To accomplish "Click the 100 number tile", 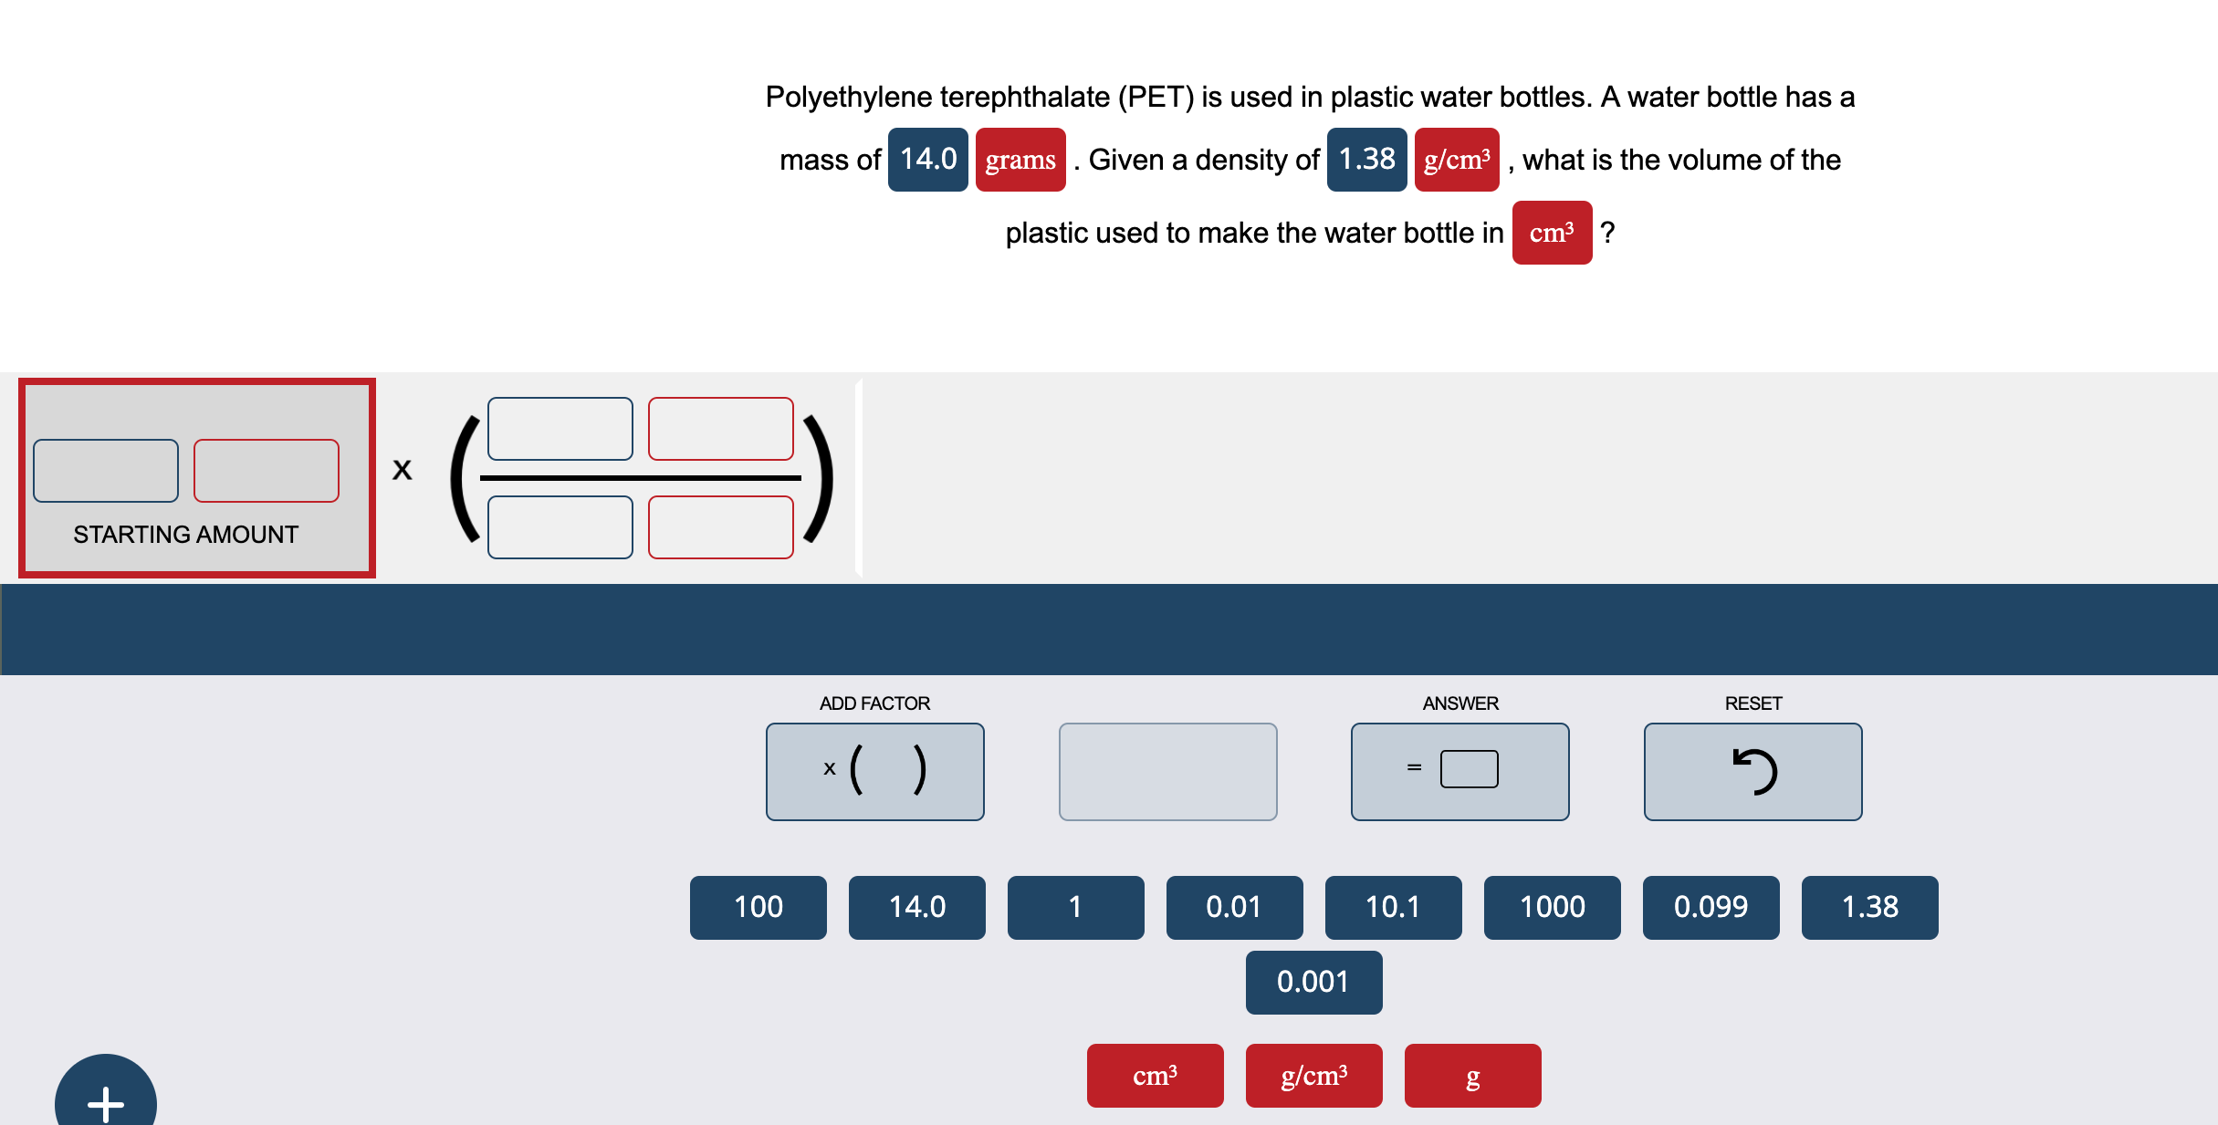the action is click(x=758, y=907).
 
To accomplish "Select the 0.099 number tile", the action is click(x=1711, y=907).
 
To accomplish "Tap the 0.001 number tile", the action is click(x=1313, y=982).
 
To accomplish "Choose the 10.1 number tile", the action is click(x=1393, y=907).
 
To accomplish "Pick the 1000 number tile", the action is click(x=1552, y=907).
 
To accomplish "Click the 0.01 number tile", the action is click(x=1234, y=907).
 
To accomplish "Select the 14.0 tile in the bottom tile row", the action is click(x=916, y=907).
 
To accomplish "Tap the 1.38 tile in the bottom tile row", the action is click(x=1869, y=907).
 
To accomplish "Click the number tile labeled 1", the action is click(x=1075, y=907).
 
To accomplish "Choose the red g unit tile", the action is click(x=1472, y=1076).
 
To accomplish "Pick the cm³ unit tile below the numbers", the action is click(x=1155, y=1076).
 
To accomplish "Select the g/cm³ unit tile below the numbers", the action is click(x=1313, y=1076).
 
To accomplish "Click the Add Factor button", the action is click(x=874, y=771).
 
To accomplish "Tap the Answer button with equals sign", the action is click(x=1459, y=771).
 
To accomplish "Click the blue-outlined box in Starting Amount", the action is click(x=106, y=471).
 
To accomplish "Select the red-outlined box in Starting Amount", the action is click(x=267, y=471).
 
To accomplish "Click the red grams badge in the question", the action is click(x=1020, y=160).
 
